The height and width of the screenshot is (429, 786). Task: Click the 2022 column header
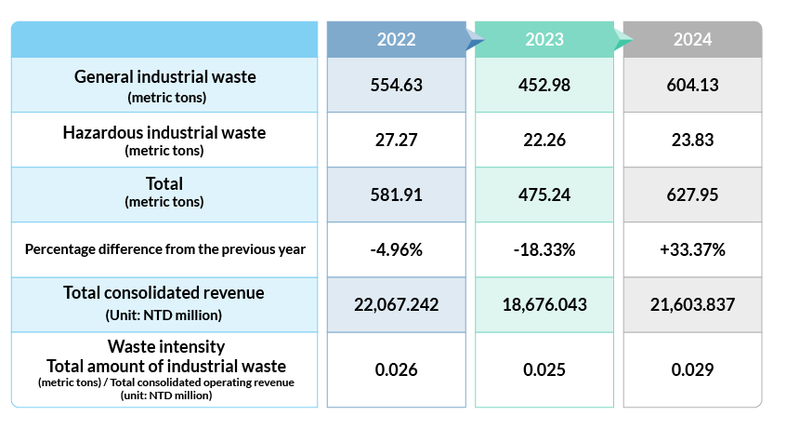coord(396,39)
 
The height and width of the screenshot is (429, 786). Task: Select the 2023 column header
coord(544,39)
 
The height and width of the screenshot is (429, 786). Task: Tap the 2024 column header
coord(693,39)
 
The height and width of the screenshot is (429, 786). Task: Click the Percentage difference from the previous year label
coord(164,249)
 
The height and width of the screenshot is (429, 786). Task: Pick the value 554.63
coord(396,85)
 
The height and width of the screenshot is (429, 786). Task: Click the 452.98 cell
coord(544,85)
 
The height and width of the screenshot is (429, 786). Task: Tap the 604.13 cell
coord(693,85)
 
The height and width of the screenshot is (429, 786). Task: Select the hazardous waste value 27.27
coord(396,140)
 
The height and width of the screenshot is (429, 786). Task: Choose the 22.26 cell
coord(544,140)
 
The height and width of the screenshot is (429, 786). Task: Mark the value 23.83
coord(693,140)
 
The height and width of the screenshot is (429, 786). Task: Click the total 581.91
coord(396,194)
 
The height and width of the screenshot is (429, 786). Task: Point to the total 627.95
coord(693,194)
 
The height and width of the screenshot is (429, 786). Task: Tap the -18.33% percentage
coord(544,249)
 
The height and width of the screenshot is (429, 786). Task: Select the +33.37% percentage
coord(693,249)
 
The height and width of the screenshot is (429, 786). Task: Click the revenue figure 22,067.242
coord(396,304)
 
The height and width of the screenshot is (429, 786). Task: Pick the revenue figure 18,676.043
coord(544,304)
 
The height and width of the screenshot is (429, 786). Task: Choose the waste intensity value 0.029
coord(693,369)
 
